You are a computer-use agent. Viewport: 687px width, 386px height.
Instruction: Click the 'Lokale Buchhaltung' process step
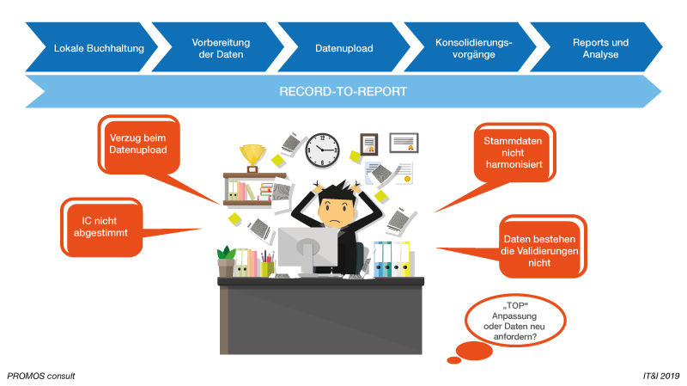(93, 47)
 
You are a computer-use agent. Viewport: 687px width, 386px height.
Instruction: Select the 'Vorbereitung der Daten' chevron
(217, 47)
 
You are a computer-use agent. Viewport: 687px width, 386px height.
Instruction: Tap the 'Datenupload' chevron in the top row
(343, 47)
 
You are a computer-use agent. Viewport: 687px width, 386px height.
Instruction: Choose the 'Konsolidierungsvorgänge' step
(468, 47)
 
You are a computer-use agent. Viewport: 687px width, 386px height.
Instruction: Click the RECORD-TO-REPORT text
(343, 91)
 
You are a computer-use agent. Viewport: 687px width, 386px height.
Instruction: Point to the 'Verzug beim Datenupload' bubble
(137, 143)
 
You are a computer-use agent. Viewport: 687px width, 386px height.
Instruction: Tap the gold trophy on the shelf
(252, 157)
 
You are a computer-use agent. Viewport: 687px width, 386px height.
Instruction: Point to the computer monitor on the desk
(307, 248)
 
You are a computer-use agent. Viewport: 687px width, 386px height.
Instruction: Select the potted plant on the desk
(227, 261)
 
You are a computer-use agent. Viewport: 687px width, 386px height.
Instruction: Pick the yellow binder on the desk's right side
(404, 260)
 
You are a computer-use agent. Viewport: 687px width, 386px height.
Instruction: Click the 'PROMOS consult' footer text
(41, 376)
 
